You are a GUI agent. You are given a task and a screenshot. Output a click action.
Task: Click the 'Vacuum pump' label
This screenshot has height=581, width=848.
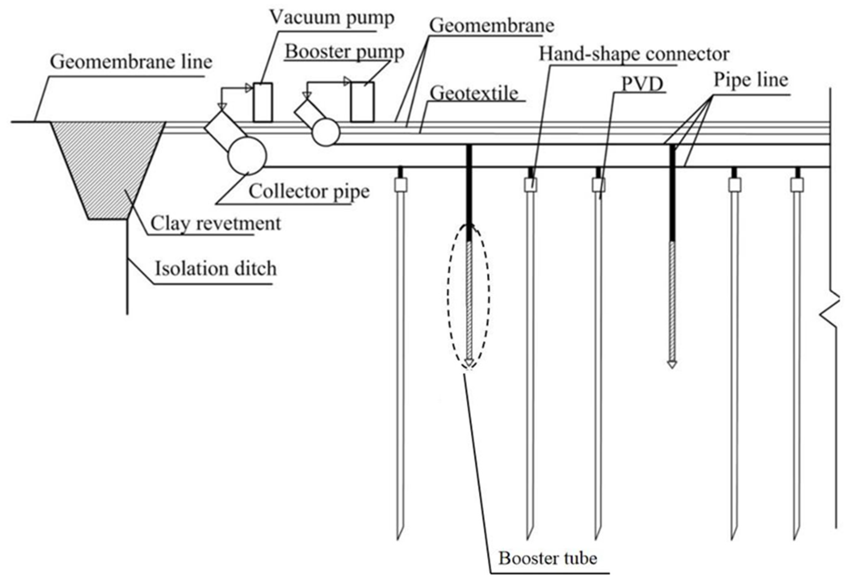click(x=331, y=18)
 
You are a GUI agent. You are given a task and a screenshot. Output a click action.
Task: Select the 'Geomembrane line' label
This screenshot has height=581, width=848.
click(x=131, y=62)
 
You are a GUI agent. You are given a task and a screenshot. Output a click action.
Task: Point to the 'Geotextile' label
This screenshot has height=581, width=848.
click(x=474, y=93)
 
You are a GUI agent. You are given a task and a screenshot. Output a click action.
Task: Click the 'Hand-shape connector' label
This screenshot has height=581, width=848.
click(x=634, y=54)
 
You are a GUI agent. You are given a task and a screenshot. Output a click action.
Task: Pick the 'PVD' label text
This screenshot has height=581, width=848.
click(x=642, y=84)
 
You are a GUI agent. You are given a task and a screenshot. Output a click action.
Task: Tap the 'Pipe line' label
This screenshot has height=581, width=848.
click(x=750, y=80)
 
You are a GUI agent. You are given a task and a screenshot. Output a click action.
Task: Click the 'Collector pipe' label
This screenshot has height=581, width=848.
click(x=309, y=191)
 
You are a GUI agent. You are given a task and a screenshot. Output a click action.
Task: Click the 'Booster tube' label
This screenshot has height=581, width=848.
click(x=547, y=558)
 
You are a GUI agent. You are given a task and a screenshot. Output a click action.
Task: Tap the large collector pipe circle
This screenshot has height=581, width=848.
click(x=247, y=156)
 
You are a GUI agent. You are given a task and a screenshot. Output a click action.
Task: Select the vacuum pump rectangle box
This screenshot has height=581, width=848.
click(x=263, y=102)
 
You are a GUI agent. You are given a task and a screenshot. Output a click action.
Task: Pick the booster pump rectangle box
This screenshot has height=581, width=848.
click(x=362, y=102)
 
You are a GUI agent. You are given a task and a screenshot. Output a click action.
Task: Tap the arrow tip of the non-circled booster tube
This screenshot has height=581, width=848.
click(x=672, y=365)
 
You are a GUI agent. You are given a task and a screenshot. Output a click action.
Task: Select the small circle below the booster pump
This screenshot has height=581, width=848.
click(x=326, y=132)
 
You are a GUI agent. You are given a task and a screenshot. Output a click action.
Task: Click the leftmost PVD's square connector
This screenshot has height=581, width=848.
click(x=401, y=185)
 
